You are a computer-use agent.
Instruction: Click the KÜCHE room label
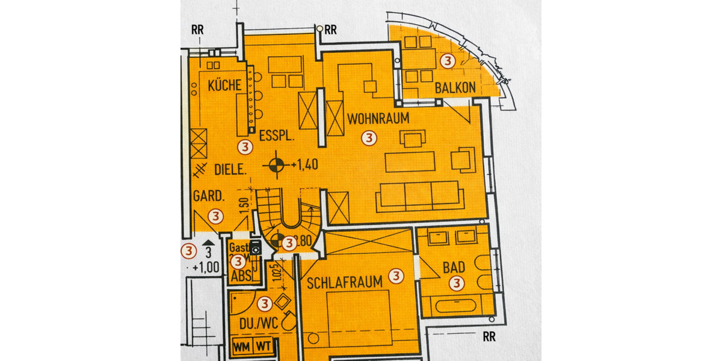point(224,86)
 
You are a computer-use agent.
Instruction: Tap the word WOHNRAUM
point(378,119)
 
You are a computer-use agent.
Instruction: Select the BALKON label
point(455,88)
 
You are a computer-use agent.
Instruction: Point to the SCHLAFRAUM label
point(345,283)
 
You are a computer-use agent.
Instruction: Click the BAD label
point(454,267)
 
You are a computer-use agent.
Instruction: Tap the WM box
point(242,347)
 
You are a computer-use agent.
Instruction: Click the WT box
point(263,347)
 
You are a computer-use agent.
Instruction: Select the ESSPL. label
point(276,137)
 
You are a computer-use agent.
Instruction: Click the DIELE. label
point(230,170)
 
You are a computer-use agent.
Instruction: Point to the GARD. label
point(209,197)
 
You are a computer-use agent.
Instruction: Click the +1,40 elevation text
point(304,164)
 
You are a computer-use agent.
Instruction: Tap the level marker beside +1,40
point(276,164)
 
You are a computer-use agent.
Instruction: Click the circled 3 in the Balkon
point(447,60)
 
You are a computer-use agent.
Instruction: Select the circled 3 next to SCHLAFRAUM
point(395,276)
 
